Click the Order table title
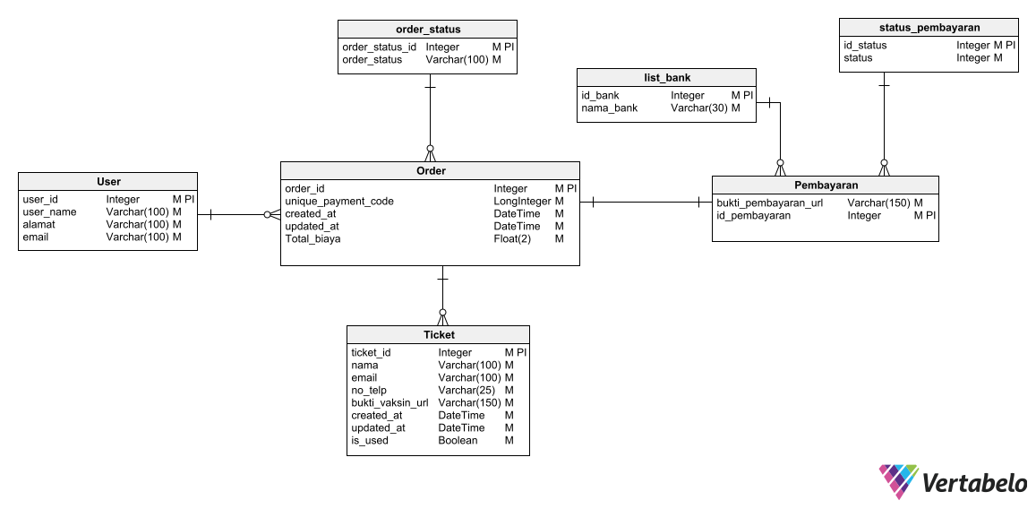pos(430,170)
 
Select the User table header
pos(108,181)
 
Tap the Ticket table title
pos(438,334)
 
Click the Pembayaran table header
pos(826,185)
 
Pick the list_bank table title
pos(666,78)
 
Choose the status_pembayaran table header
pos(929,28)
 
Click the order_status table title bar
pos(428,30)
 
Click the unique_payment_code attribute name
pos(339,202)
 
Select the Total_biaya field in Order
pos(313,239)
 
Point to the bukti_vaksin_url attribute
pos(390,403)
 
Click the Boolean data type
pos(458,441)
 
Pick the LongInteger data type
pos(522,202)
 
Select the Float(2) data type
pos(512,239)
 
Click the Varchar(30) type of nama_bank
pos(699,108)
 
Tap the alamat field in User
pos(39,225)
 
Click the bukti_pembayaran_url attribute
pos(769,203)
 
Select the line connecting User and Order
pos(238,215)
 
